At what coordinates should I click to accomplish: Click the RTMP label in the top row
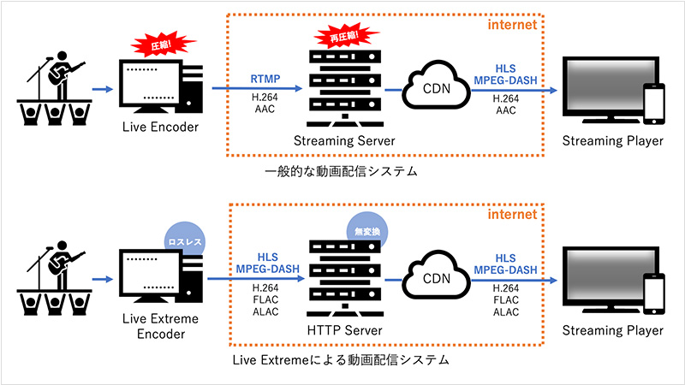[x=264, y=78]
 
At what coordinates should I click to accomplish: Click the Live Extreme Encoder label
[x=159, y=326]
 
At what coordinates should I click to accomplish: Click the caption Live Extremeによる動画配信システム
[x=340, y=360]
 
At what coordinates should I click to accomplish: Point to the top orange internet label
[x=511, y=25]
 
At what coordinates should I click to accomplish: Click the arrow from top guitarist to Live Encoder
[x=103, y=88]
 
